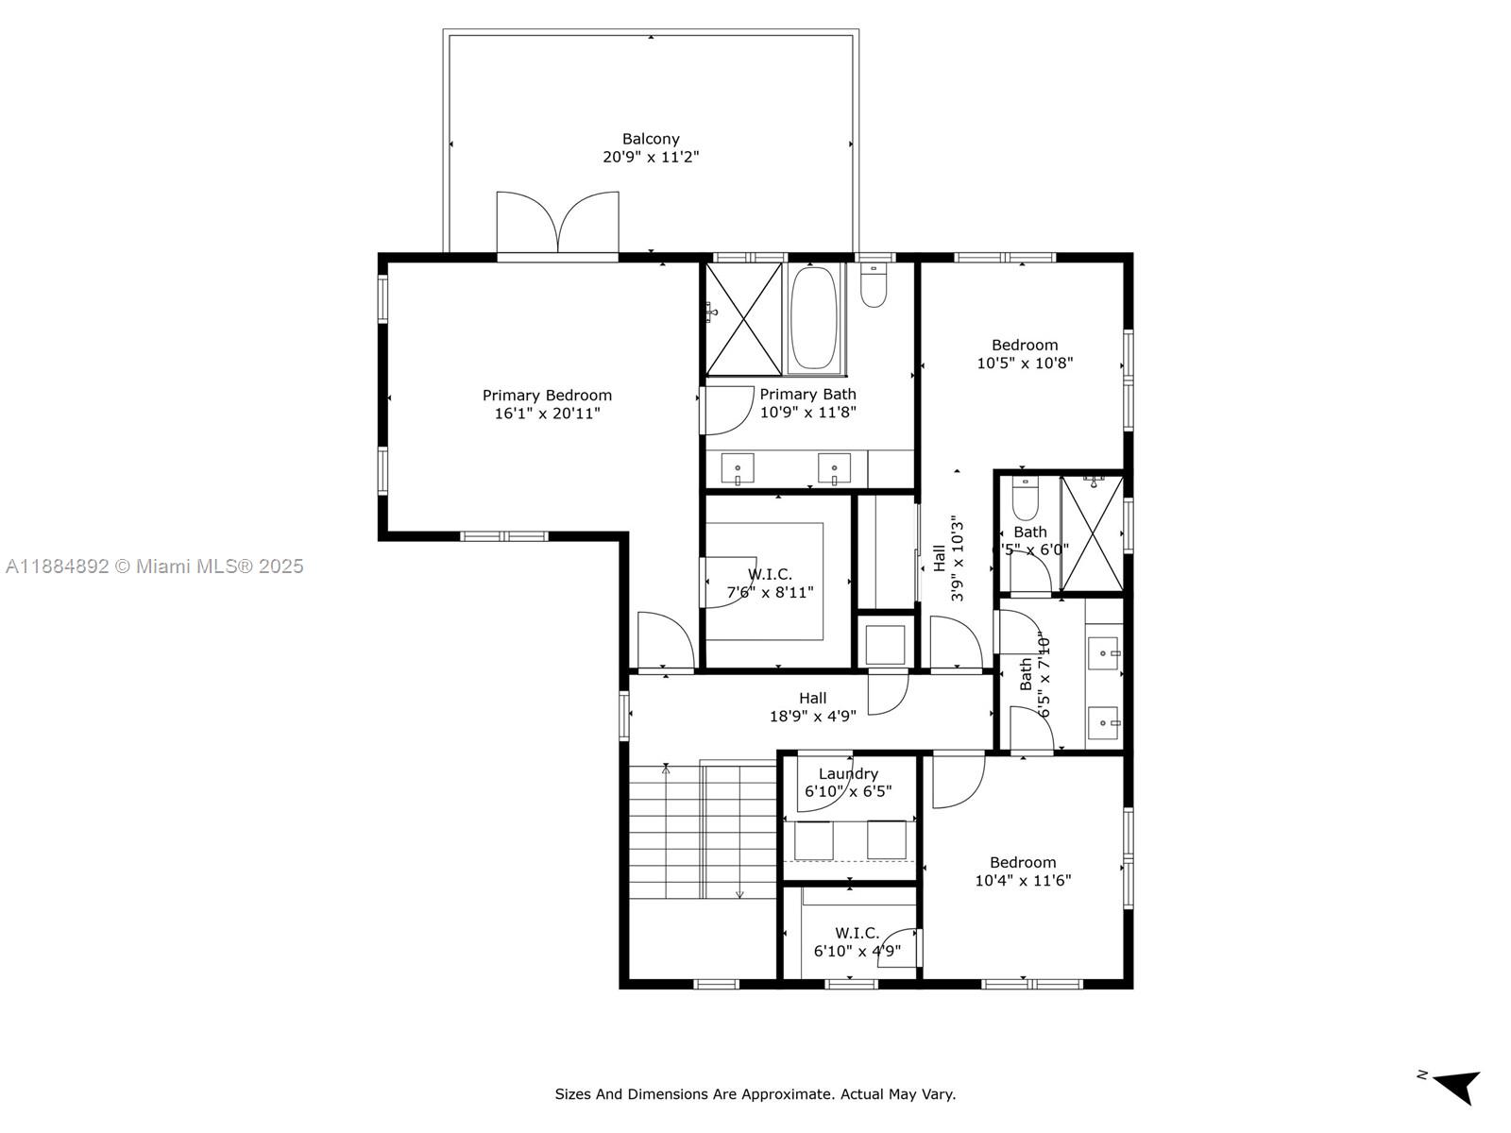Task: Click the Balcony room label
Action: point(650,139)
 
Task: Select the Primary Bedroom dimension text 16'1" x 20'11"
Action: point(547,414)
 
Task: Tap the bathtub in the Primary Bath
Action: point(813,319)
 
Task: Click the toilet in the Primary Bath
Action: point(874,286)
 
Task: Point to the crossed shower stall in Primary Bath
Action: point(744,319)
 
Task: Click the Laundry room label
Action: point(848,774)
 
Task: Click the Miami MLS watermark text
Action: point(154,566)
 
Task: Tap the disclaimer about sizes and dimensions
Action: point(755,1094)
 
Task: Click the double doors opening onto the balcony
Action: point(558,223)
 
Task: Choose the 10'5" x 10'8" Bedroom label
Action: point(1025,354)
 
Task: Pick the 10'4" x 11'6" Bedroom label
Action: point(1023,871)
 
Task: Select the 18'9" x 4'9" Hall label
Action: point(812,707)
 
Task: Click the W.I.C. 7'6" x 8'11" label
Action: point(770,583)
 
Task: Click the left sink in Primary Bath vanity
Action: point(738,467)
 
